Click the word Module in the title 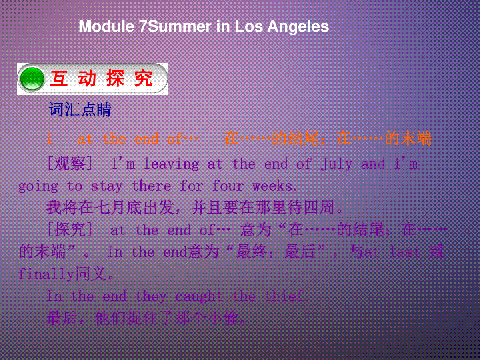(x=106, y=26)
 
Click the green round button (x=32, y=79)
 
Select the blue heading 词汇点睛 (x=80, y=109)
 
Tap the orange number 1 (x=50, y=138)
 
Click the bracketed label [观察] (x=70, y=163)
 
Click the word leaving (x=171, y=164)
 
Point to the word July (x=336, y=164)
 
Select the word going (x=38, y=187)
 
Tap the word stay (x=107, y=187)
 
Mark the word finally (x=46, y=274)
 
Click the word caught (x=199, y=296)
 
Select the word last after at (x=404, y=252)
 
